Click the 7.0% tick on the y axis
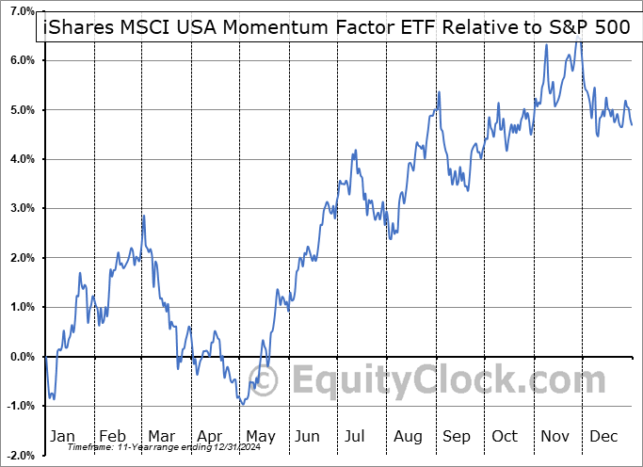[x=21, y=11]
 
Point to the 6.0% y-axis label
[x=21, y=60]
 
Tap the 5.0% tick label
[x=21, y=110]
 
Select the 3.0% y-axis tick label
[x=21, y=209]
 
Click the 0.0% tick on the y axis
[x=21, y=357]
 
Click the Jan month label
[x=62, y=436]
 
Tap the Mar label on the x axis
[x=161, y=436]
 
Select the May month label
[x=260, y=436]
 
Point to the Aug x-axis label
[x=409, y=436]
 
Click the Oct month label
[x=505, y=436]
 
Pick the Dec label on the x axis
[x=603, y=436]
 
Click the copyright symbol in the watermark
[x=267, y=380]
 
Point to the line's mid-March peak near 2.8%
[x=143, y=217]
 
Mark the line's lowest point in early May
[x=243, y=404]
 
